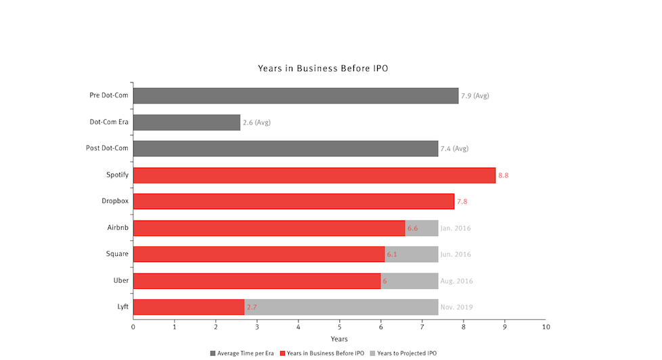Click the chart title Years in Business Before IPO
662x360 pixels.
(322, 68)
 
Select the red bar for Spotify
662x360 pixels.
(314, 175)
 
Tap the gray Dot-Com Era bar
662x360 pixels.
(186, 122)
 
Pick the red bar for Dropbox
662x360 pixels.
(293, 202)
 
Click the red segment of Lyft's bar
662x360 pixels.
(188, 307)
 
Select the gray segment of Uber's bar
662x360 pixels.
(409, 281)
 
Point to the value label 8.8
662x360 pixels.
(503, 175)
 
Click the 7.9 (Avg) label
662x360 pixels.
(475, 96)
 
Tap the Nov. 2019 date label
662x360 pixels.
(456, 307)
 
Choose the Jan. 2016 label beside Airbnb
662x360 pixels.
(456, 228)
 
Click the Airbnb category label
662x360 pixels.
(117, 228)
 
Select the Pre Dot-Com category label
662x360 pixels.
(109, 95)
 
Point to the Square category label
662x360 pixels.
(117, 254)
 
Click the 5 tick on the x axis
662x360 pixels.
(340, 328)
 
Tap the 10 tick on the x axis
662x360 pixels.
(546, 328)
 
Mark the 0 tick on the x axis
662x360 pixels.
(133, 328)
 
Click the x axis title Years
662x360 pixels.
(339, 338)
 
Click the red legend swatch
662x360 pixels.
(283, 353)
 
